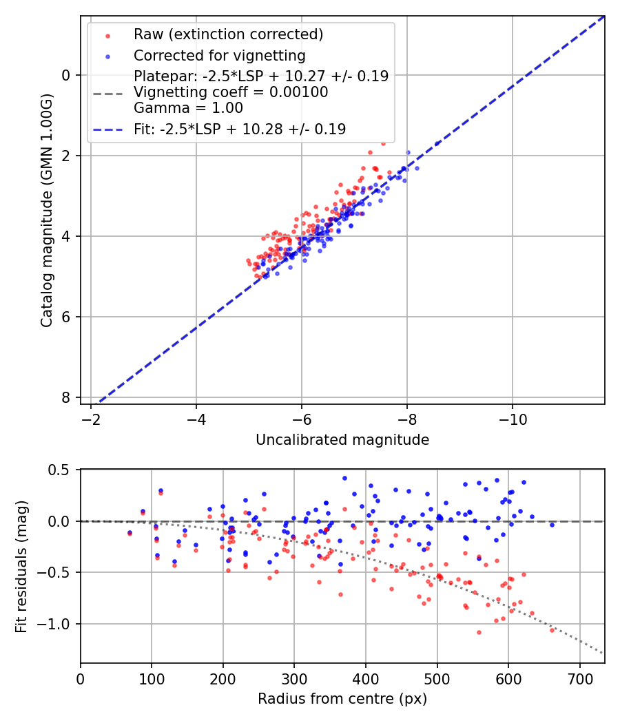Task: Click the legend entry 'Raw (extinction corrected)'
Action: (228, 34)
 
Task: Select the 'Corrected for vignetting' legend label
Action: (219, 55)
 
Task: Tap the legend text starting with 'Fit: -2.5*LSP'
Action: (240, 129)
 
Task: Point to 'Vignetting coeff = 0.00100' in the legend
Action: (231, 92)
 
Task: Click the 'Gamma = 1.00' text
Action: (188, 107)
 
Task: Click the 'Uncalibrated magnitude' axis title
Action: (342, 440)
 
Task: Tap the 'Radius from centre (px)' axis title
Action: (342, 699)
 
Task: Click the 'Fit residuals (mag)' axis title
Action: (21, 566)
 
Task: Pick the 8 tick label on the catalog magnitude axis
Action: (65, 397)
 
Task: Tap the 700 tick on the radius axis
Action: (579, 678)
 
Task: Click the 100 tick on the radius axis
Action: (152, 678)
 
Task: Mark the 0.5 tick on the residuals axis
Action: (63, 470)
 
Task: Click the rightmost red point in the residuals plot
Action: (552, 630)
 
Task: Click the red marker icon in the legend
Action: (107, 34)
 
